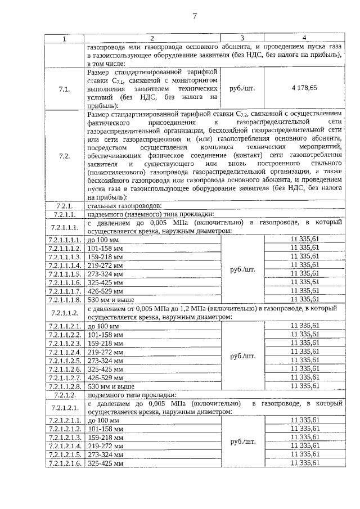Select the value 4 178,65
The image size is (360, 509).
click(x=304, y=88)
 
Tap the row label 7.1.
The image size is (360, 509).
click(x=64, y=88)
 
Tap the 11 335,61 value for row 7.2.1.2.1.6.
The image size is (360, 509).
click(x=304, y=463)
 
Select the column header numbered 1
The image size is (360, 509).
click(x=64, y=38)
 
